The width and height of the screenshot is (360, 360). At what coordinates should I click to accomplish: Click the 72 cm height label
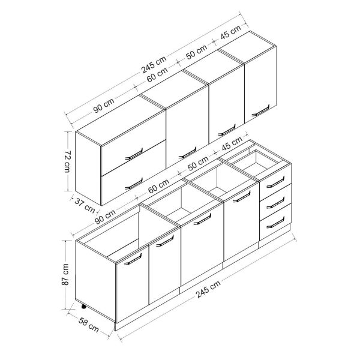pos(67,161)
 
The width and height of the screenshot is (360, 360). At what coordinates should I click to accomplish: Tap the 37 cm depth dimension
pos(85,205)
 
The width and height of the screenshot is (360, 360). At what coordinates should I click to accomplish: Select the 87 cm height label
pos(65,275)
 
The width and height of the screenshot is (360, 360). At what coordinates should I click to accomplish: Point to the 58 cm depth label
pos(88,325)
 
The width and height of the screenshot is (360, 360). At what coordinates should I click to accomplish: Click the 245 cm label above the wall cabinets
pos(154,65)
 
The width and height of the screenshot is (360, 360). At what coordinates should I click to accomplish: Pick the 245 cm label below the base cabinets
pos(208,289)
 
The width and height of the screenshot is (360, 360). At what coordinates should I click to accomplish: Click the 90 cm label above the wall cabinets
pos(104,106)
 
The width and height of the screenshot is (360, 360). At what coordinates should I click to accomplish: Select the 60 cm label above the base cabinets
pos(159,186)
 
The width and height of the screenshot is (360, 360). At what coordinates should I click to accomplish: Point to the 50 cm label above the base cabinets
pos(198,163)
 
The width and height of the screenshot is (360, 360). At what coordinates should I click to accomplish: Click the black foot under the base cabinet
pos(83,307)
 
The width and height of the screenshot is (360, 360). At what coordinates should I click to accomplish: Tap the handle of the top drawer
pos(275,182)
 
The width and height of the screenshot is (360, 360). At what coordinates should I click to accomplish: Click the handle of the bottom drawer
pos(275,223)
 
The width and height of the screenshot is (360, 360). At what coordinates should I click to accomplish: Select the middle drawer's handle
pos(275,203)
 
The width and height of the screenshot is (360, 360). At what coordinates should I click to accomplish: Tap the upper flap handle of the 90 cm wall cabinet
pos(134,154)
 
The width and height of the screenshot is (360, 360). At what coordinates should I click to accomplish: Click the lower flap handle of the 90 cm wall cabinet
pos(134,184)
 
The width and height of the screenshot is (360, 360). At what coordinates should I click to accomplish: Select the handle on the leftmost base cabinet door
pos(133,259)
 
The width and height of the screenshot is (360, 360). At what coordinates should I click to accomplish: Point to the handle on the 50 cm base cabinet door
pos(242,197)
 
